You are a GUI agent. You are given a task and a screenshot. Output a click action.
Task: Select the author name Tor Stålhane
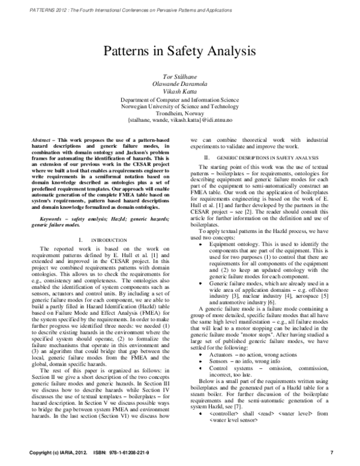click(180, 78)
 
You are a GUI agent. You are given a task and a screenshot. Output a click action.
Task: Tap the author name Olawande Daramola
click(180, 85)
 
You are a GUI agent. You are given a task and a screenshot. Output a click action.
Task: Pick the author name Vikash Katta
click(180, 92)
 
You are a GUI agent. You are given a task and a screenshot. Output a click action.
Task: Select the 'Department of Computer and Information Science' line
click(180, 99)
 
